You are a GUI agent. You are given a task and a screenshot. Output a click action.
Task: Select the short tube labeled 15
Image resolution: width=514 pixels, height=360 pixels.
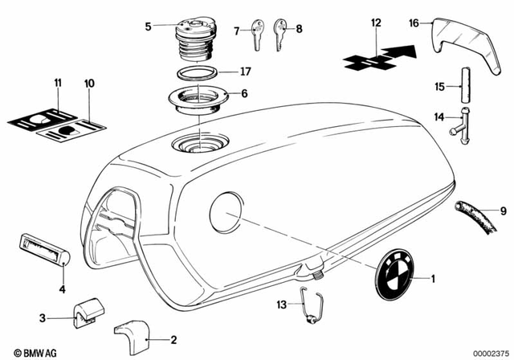(x=465, y=86)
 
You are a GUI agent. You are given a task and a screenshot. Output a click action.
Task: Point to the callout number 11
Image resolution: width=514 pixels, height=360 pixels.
(x=57, y=83)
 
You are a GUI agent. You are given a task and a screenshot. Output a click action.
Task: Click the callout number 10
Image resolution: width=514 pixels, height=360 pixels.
(x=88, y=83)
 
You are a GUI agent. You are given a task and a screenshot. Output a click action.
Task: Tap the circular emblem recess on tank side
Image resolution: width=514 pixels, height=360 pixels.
(x=226, y=212)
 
